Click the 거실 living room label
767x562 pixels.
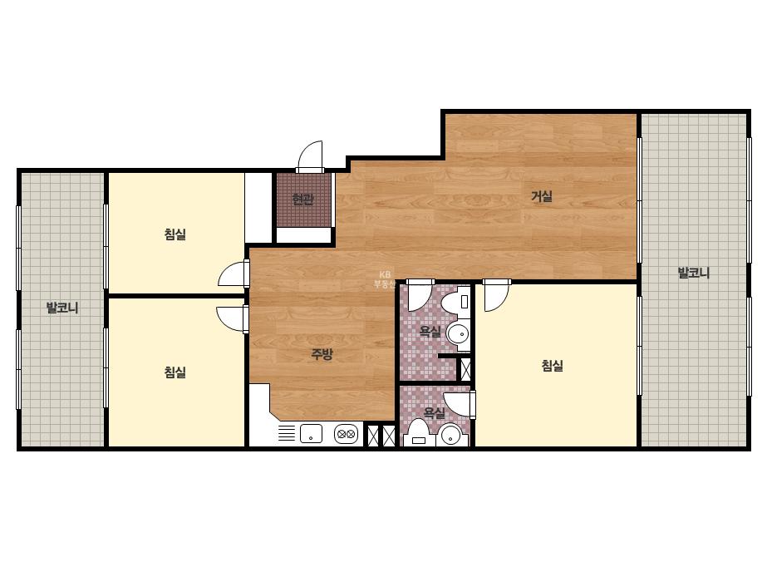[x=542, y=196]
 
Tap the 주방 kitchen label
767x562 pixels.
[x=322, y=353]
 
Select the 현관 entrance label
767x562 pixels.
[x=302, y=200]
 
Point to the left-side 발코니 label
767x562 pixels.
[x=62, y=308]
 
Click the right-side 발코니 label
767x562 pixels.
[x=693, y=273]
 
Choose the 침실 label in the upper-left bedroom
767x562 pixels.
[x=175, y=234]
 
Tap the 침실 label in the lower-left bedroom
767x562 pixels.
[x=175, y=372]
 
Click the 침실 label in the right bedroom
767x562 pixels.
[x=553, y=365]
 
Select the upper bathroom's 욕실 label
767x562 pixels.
[x=430, y=332]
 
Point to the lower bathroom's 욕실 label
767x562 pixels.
[x=434, y=412]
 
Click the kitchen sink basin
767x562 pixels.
[x=311, y=434]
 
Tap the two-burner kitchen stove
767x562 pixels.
[x=347, y=434]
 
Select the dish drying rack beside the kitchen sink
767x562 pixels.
[x=287, y=433]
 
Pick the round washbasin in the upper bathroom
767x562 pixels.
[x=458, y=334]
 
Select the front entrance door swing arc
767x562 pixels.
[x=310, y=156]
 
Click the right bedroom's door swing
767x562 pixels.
[x=496, y=297]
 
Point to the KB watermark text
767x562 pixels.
[x=385, y=274]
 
